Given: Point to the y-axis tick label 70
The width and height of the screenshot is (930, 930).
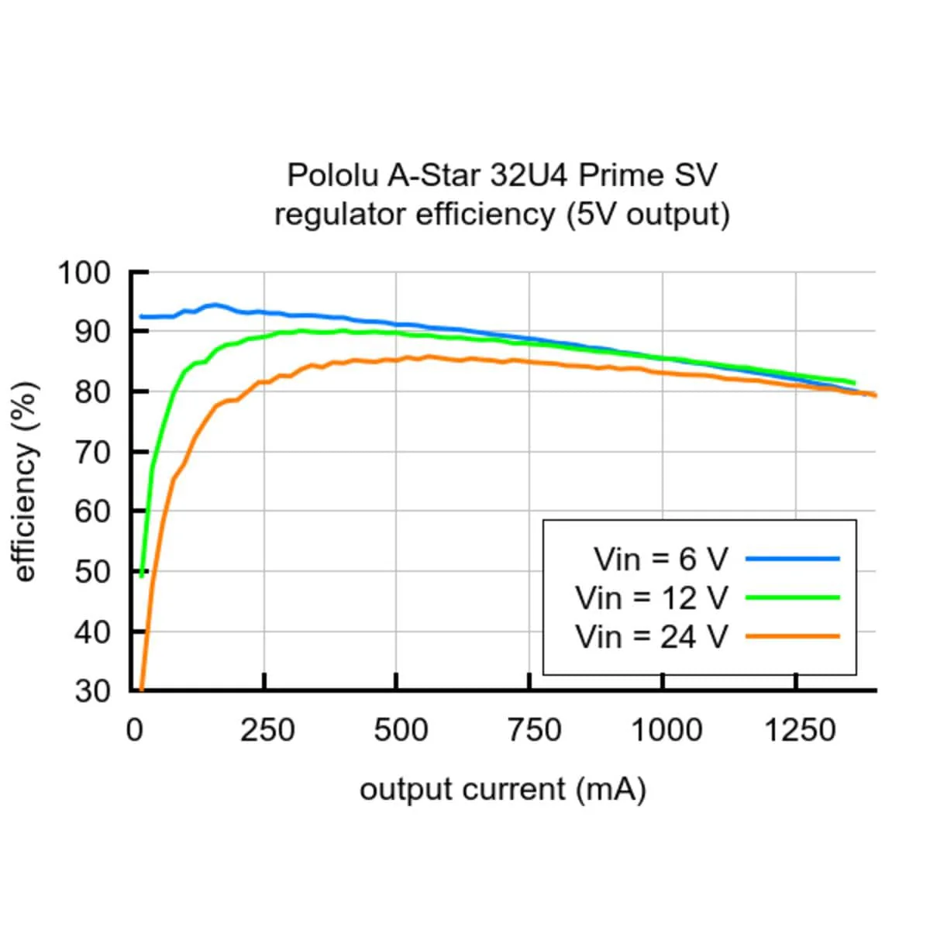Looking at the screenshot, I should pos(93,452).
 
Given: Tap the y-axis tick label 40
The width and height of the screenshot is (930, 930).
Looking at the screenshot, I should pos(93,632).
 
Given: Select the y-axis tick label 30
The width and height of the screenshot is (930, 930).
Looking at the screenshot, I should pos(93,691).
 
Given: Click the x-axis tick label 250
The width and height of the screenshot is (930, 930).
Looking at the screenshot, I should pos(267,730).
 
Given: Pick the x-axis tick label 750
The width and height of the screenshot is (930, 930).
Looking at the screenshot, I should pos(533,730).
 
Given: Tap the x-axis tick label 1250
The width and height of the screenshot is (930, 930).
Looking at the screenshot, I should pos(800,730).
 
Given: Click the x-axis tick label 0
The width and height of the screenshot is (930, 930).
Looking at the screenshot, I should pos(135,730).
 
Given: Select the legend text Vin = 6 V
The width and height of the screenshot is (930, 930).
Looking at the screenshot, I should pos(661,559).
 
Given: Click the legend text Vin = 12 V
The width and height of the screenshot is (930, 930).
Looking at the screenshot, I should pos(652,598).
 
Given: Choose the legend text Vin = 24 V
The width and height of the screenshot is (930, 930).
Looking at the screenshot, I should pos(652,637).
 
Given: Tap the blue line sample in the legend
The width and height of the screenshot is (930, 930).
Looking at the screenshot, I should pos(792,558).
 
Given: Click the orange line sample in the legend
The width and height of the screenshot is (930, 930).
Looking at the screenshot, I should pos(792,636).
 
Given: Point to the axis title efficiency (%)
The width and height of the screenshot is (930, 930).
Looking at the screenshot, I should pos(26,481).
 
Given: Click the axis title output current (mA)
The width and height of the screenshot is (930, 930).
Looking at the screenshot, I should pos(502,790).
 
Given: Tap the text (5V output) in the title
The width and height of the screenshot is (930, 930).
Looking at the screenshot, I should pos(648,215).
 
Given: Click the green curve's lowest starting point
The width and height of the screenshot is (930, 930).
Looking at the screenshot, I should pos(142,576).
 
